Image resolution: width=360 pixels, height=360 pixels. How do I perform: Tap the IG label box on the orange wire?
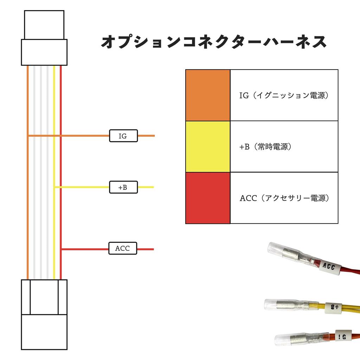123,136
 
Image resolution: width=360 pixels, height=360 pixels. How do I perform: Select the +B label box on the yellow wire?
123,187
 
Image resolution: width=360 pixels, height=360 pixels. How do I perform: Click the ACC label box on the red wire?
122,249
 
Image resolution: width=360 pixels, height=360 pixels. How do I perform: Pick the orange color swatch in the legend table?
208,95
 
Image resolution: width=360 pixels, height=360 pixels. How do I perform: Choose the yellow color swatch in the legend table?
208,147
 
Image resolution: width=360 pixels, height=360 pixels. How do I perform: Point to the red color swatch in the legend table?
208,198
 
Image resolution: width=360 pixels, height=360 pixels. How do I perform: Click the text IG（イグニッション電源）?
284,95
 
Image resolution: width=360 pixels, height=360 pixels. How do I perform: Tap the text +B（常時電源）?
266,147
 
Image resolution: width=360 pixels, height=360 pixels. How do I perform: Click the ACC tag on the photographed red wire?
329,267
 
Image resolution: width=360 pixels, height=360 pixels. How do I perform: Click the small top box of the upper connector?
44,25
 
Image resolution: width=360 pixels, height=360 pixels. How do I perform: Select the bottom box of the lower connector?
44,332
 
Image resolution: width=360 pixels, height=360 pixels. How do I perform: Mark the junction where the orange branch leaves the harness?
28,136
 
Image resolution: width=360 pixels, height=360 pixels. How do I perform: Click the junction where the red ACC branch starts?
61,249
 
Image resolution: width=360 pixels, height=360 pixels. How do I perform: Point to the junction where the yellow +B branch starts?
54,187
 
